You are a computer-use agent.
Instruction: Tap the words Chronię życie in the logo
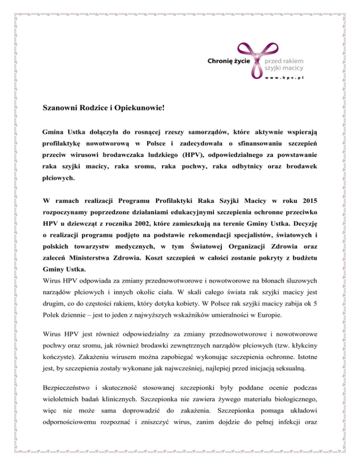pyautogui.click(x=229, y=60)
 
